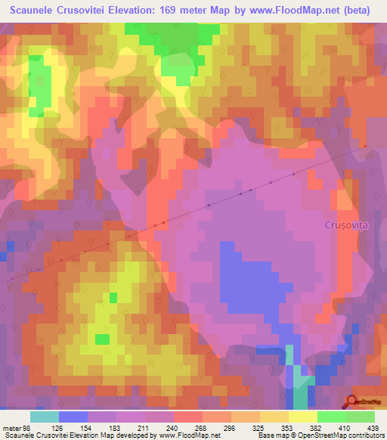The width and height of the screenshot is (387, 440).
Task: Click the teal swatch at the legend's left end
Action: pyautogui.click(x=44, y=417)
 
